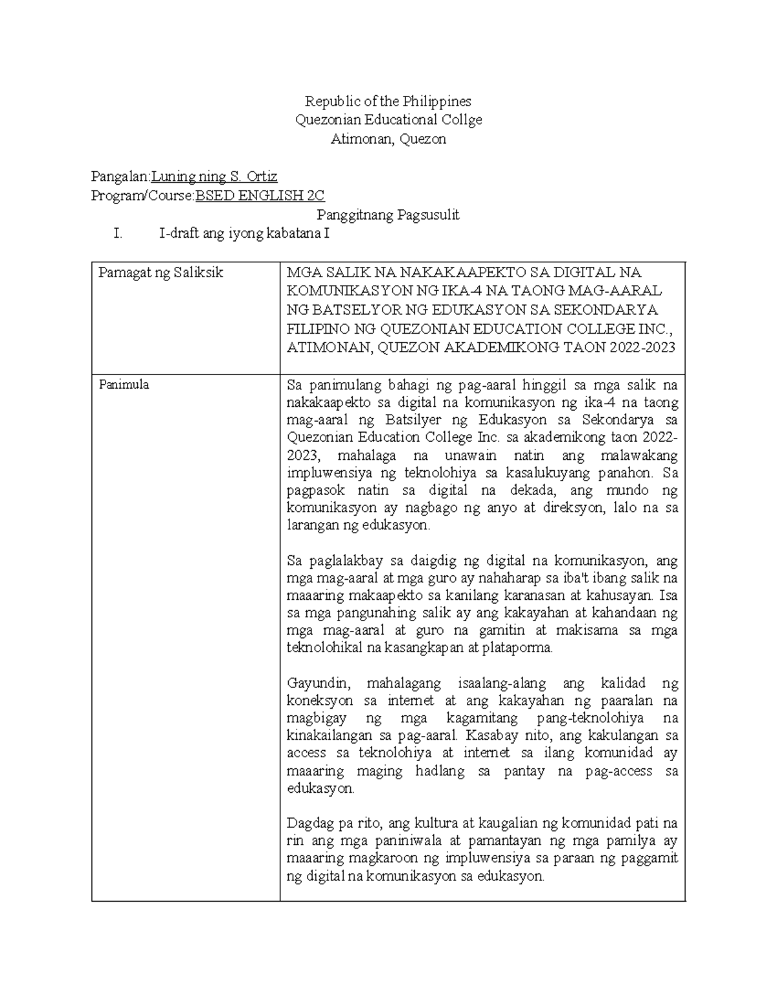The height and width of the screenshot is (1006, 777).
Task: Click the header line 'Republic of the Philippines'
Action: point(388,101)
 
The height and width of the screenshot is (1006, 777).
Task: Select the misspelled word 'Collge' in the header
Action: point(461,120)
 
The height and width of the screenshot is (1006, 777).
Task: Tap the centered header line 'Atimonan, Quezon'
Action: point(388,139)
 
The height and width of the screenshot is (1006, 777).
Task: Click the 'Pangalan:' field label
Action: point(120,176)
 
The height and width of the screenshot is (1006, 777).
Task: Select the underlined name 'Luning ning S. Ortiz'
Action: point(214,176)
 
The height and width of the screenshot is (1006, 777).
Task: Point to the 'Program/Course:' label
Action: point(142,196)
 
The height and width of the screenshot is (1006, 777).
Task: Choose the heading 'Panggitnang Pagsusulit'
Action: point(388,215)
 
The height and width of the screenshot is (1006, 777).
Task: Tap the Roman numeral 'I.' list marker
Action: point(117,234)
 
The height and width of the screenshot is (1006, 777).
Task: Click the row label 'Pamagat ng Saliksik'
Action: point(161,273)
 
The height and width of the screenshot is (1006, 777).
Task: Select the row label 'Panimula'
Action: point(124,385)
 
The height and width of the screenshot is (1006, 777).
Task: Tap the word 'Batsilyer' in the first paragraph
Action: point(412,420)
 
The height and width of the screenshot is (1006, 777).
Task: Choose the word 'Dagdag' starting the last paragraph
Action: point(309,824)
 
